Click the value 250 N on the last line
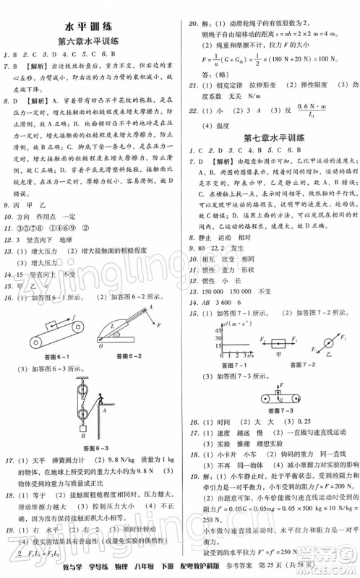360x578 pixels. click(x=322, y=543)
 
